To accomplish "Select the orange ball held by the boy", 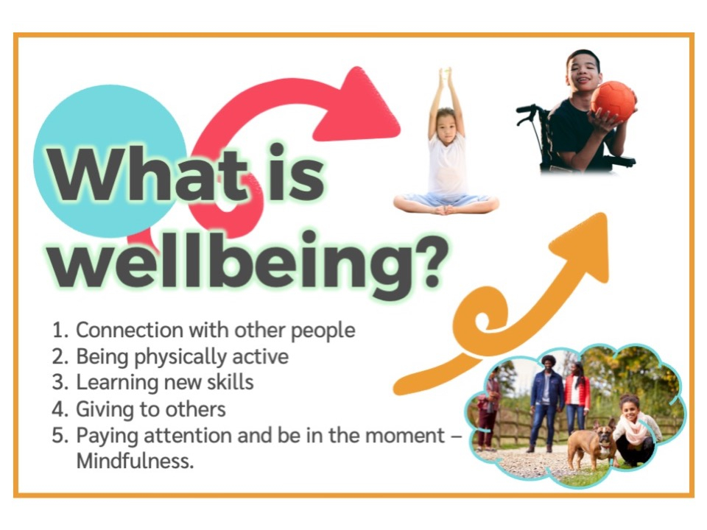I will tap(613, 102).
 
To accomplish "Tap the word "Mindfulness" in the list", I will tap(135, 463).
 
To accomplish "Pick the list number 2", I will tap(59, 357).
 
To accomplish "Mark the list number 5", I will tap(59, 436).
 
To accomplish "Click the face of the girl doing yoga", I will tap(447, 120).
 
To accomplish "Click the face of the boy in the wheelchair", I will tap(584, 72).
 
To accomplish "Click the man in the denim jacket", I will tap(546, 401).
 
